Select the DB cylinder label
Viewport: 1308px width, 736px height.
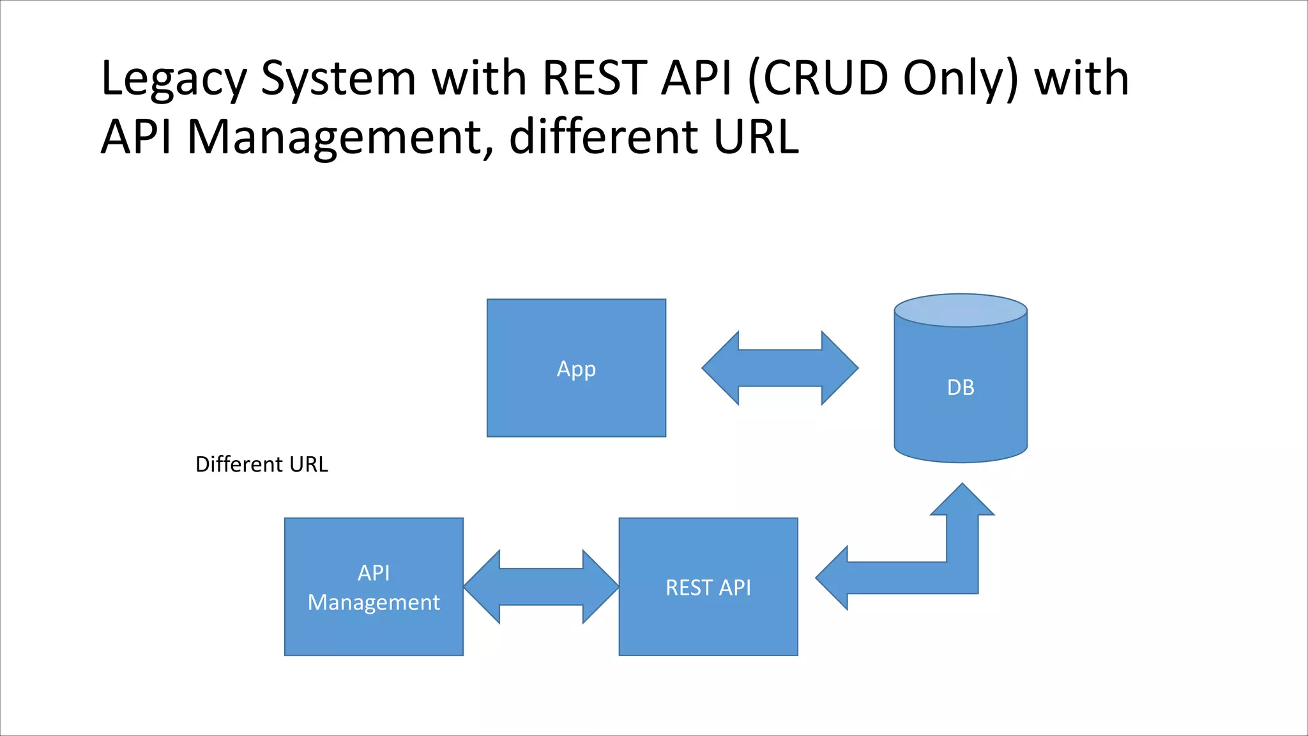pyautogui.click(x=961, y=387)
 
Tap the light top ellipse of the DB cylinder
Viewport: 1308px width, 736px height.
pyautogui.click(x=961, y=310)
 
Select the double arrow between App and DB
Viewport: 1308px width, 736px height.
pyautogui.click(x=780, y=368)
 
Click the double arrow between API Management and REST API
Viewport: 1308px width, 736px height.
pyautogui.click(x=541, y=586)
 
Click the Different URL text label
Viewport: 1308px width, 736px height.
pyautogui.click(x=261, y=464)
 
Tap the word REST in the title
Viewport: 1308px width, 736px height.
pyautogui.click(x=594, y=78)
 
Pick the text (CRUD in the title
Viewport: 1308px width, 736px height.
pyautogui.click(x=817, y=78)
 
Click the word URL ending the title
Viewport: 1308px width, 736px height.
pyautogui.click(x=756, y=137)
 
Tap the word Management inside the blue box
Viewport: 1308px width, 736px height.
pyautogui.click(x=374, y=602)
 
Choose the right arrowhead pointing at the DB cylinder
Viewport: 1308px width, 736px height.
pyautogui.click(x=840, y=368)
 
